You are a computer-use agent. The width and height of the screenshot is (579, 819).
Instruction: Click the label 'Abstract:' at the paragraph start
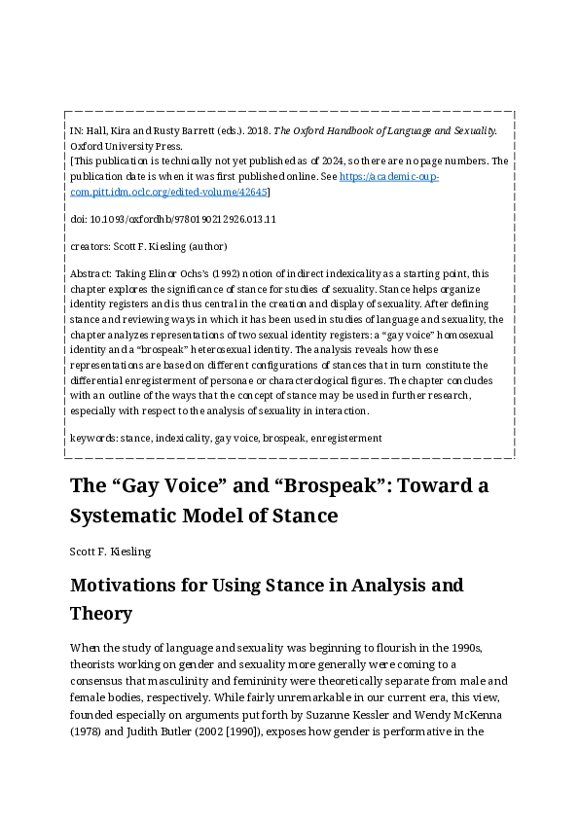click(x=91, y=274)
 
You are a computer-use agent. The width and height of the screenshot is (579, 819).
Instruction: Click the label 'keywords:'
click(x=92, y=438)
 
